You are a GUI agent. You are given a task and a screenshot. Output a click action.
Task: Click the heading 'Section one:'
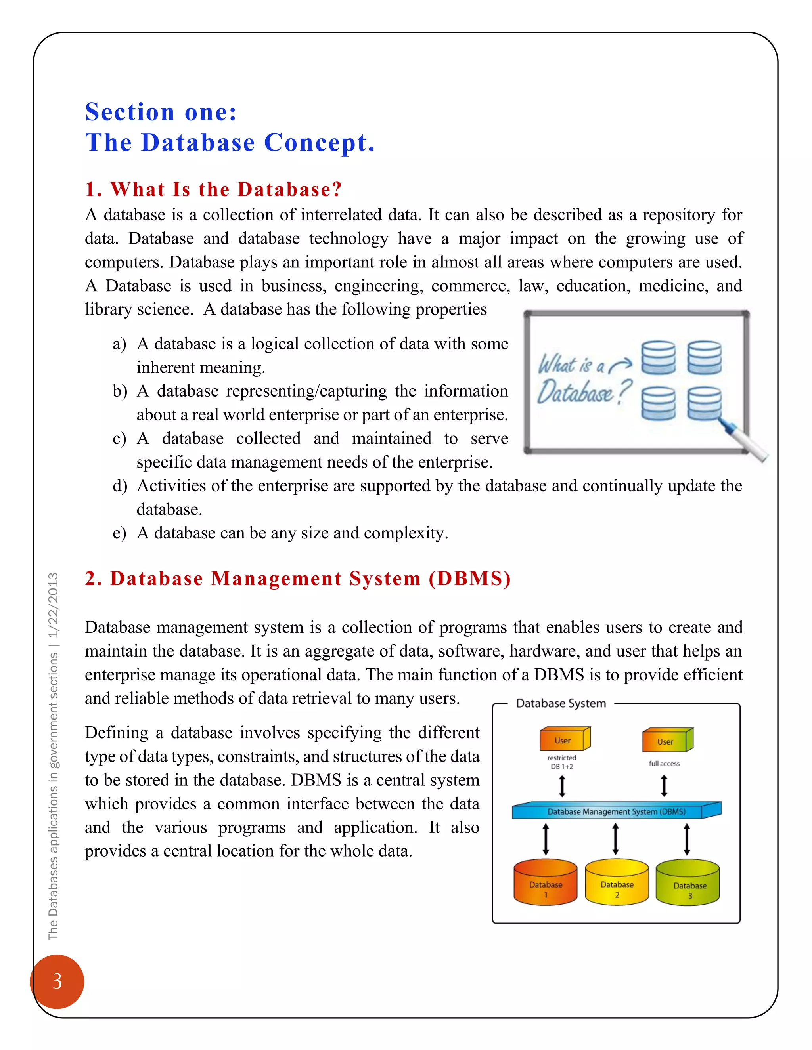[x=161, y=112]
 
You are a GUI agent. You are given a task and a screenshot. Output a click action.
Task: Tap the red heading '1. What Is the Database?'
[x=213, y=189]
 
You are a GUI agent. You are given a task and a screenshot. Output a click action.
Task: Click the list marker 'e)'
[x=119, y=533]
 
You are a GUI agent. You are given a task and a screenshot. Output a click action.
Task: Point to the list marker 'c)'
[x=119, y=439]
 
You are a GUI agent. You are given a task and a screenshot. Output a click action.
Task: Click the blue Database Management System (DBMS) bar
[x=616, y=811]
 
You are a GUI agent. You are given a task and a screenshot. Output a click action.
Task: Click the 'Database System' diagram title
[x=561, y=703]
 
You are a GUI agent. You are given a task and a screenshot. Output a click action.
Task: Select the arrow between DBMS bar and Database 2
[x=615, y=839]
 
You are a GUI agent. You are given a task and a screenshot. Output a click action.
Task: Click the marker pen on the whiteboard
[x=744, y=439]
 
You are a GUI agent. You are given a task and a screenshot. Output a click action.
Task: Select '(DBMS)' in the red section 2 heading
[x=469, y=578]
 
